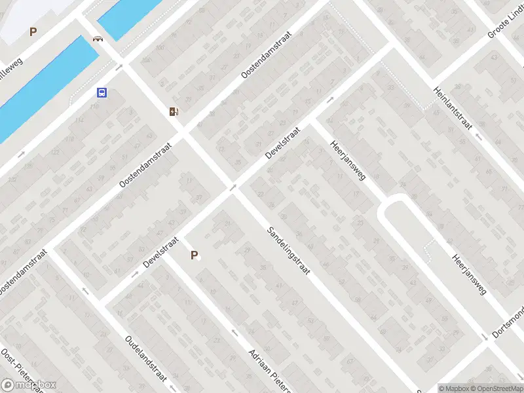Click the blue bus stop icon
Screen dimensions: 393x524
coord(102,92)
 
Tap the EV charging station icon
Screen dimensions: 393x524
coord(173,111)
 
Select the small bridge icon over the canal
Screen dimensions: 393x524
coord(98,38)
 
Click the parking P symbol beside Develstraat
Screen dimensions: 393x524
coord(193,255)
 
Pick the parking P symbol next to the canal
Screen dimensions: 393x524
coord(33,31)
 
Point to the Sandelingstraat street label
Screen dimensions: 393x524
coord(289,250)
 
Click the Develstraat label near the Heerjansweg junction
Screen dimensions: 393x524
coord(282,143)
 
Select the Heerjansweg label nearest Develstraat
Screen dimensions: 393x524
coord(348,160)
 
